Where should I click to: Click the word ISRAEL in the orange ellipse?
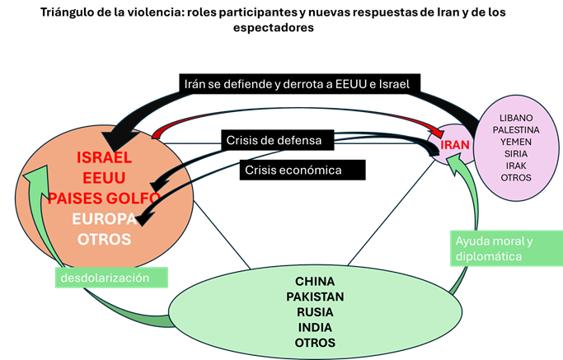pyautogui.click(x=105, y=157)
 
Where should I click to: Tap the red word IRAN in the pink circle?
pyautogui.click(x=455, y=144)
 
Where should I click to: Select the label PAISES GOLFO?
pyautogui.click(x=105, y=198)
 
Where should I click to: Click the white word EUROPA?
pyautogui.click(x=105, y=218)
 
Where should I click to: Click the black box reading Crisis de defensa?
pyautogui.click(x=279, y=141)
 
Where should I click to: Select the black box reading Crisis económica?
pyautogui.click(x=303, y=171)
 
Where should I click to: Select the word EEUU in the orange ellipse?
pyautogui.click(x=105, y=177)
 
